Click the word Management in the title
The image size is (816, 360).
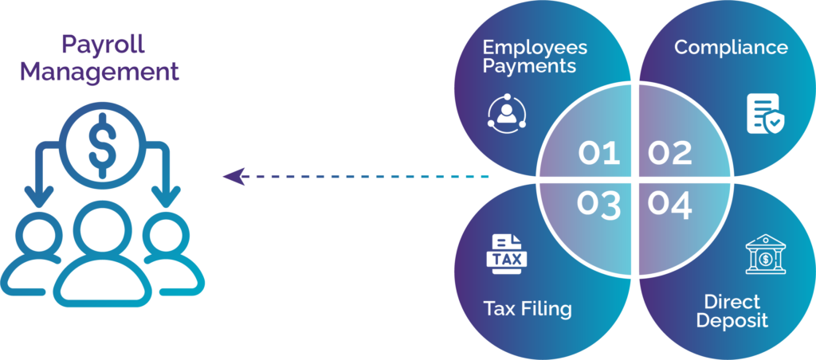100,72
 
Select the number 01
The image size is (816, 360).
599,152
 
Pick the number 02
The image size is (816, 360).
669,152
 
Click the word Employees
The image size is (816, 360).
535,47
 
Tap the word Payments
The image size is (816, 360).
529,66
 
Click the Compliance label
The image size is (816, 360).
731,47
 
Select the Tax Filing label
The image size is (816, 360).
528,308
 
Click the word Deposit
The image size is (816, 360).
731,321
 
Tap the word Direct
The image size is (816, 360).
732,302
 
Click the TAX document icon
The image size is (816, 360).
506,255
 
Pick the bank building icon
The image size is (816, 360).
764,255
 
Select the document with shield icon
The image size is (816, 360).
763,114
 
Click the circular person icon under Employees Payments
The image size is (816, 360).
507,115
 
